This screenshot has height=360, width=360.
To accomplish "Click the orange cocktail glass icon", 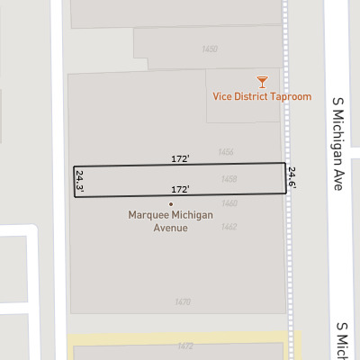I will (x=262, y=81).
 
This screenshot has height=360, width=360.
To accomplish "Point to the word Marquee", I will (x=149, y=215).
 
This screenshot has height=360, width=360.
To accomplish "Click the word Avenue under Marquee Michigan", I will (x=170, y=228).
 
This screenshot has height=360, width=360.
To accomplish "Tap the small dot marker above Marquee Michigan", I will (x=170, y=204).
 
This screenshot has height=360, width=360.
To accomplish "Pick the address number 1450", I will (x=211, y=49).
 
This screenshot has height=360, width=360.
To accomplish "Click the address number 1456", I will (x=227, y=152).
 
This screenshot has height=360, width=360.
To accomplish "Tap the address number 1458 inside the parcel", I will (x=229, y=179).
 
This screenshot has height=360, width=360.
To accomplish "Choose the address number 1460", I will (x=229, y=203).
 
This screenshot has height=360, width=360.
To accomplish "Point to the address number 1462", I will (x=229, y=226).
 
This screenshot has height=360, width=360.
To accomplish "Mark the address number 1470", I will (x=183, y=301).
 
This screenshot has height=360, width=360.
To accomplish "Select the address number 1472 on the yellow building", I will (x=185, y=346).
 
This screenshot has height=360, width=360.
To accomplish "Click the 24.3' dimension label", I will (x=80, y=182).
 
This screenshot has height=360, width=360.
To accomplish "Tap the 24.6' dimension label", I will (x=292, y=177).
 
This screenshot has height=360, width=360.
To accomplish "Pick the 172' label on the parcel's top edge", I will (x=180, y=158).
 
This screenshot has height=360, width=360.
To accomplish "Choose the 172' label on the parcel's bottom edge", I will (x=180, y=190).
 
